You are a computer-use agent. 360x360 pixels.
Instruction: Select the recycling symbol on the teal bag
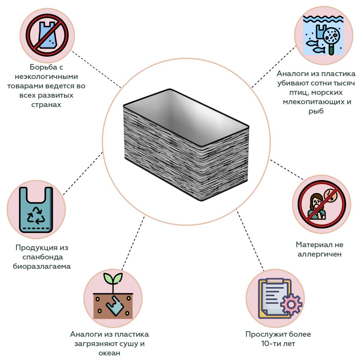(36, 215)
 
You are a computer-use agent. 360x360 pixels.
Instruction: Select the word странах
(46, 105)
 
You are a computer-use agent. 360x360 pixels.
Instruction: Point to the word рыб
(316, 111)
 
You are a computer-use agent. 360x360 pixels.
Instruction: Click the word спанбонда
(43, 257)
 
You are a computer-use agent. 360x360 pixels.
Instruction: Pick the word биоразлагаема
(42, 266)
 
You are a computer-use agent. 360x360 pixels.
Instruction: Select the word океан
(109, 353)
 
